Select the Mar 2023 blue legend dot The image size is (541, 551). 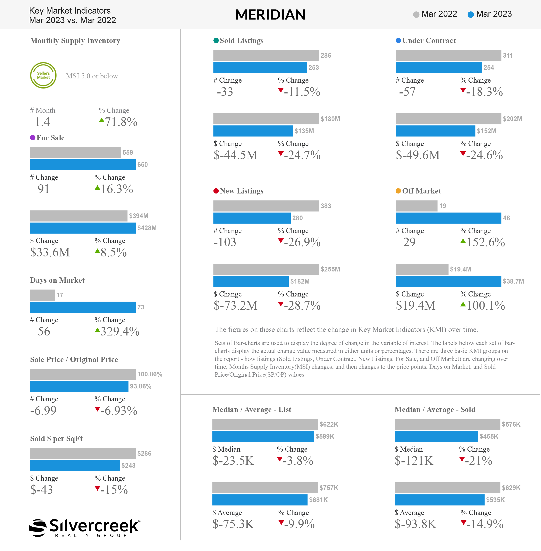[x=471, y=14]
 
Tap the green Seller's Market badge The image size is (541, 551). [x=43, y=75]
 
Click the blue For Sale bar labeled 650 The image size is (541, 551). [x=83, y=165]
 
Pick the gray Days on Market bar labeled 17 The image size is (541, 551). [x=42, y=295]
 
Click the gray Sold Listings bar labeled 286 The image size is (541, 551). [x=266, y=55]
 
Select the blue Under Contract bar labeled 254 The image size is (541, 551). [x=439, y=68]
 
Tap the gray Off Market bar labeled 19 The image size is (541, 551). [x=416, y=206]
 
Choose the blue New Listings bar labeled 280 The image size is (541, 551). [x=252, y=218]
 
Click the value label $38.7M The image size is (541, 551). [x=513, y=281]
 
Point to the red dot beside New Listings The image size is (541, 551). [x=216, y=191]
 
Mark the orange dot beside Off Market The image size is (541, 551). [x=398, y=191]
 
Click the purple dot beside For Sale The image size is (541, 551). [x=33, y=138]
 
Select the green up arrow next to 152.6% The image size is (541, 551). [x=463, y=241]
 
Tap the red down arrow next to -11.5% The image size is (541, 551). [x=281, y=90]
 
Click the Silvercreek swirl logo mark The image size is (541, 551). [x=38, y=528]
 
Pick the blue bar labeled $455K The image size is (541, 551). [x=436, y=437]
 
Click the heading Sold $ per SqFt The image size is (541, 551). [x=56, y=439]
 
